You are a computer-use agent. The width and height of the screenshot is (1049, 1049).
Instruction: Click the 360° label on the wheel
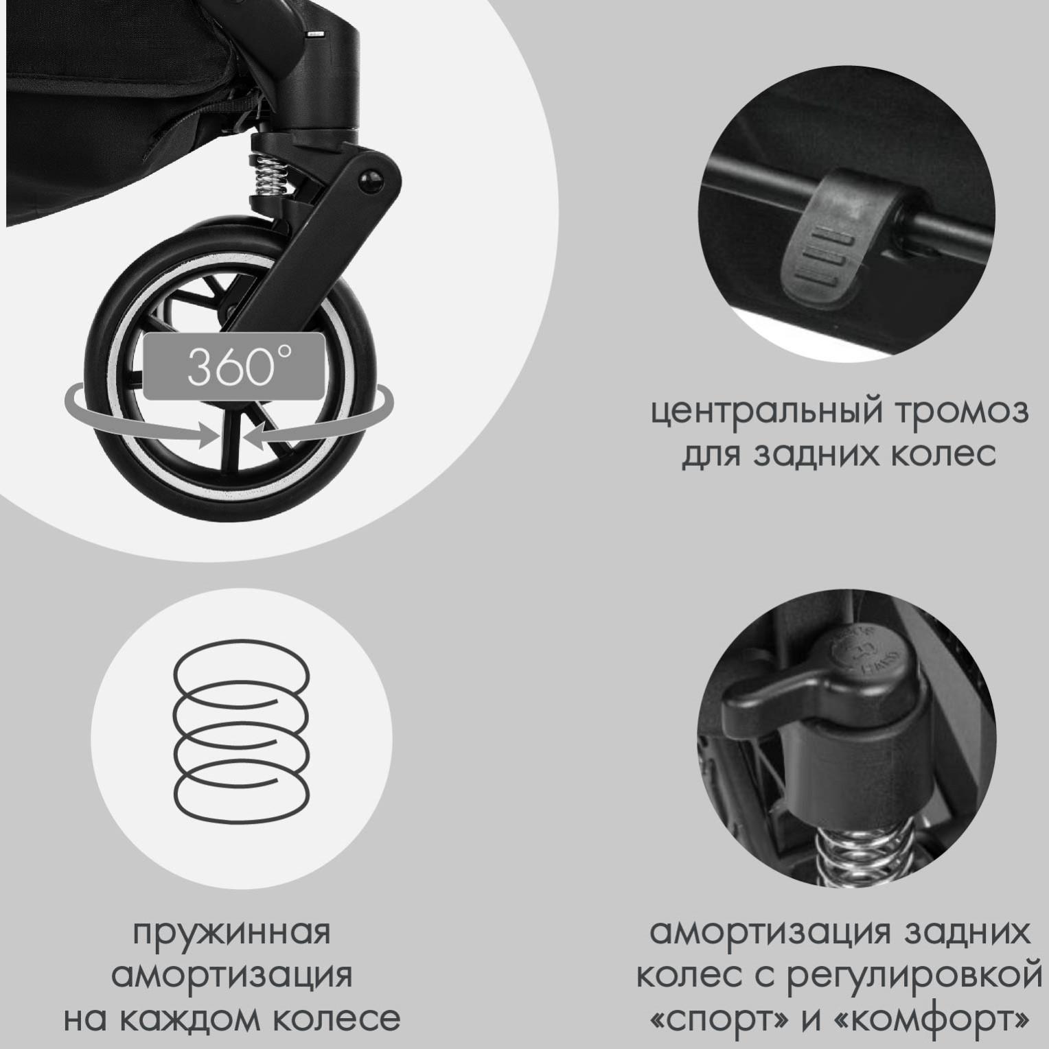[x=233, y=367]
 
